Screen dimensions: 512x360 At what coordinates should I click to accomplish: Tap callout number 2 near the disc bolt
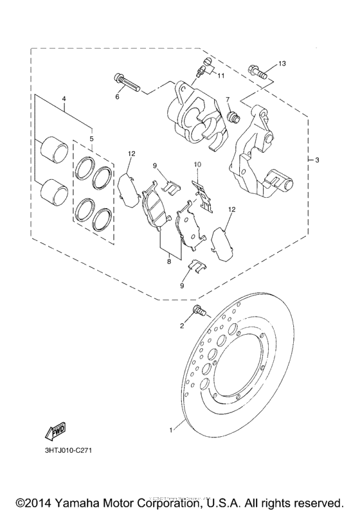point(182,326)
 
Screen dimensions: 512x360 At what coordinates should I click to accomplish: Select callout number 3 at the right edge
point(316,160)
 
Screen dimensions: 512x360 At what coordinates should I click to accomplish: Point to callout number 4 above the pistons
point(64,98)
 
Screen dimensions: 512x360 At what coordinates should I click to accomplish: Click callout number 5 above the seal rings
point(91,138)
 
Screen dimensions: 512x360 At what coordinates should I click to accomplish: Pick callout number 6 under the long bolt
point(118,97)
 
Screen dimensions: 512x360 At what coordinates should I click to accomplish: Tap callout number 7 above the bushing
point(227,100)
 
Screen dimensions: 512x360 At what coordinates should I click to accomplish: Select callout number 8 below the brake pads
point(169,261)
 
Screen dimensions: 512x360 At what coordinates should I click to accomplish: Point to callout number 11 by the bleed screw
point(221,76)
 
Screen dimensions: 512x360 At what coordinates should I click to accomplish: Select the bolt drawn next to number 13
point(257,71)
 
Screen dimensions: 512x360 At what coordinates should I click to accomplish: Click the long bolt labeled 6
point(127,82)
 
